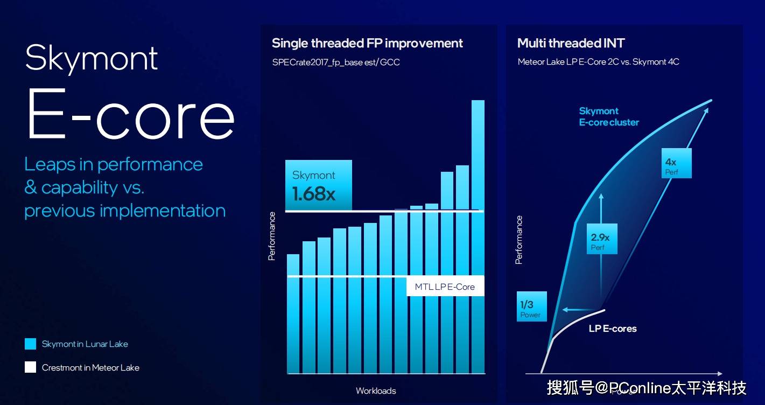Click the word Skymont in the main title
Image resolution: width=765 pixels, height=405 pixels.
click(x=92, y=59)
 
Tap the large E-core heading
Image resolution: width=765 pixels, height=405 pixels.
click(x=130, y=114)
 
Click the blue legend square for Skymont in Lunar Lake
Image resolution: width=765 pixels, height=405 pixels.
click(x=30, y=344)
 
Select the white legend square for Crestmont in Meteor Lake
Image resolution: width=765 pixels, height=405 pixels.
click(x=30, y=367)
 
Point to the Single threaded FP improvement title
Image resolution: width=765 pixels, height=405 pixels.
click(x=367, y=44)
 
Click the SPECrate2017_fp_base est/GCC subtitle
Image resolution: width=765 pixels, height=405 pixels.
click(x=336, y=62)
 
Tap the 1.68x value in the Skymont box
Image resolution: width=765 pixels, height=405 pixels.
click(x=313, y=194)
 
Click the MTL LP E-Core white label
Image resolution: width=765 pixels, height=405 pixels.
click(x=445, y=287)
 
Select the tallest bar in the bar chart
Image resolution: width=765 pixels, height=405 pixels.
click(x=478, y=236)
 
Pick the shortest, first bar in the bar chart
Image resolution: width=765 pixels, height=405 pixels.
click(x=293, y=314)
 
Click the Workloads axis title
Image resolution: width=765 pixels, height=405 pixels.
click(x=376, y=390)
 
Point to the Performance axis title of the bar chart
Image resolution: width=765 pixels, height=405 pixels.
click(x=272, y=236)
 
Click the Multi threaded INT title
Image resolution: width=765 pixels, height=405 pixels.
click(x=571, y=43)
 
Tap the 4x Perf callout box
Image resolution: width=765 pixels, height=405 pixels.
click(x=677, y=163)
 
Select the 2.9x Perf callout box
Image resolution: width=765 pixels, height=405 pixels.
click(x=602, y=239)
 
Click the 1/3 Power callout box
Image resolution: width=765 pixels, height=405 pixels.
click(x=532, y=306)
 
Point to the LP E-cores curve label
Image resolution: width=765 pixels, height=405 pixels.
click(x=613, y=329)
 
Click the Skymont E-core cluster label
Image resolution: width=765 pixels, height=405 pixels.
click(x=609, y=116)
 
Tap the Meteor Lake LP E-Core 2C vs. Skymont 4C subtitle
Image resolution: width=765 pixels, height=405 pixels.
click(x=598, y=62)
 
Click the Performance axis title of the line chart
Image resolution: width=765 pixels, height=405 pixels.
click(x=519, y=240)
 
